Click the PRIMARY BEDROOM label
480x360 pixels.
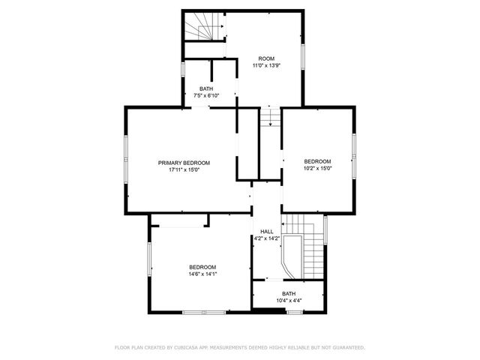[184, 163]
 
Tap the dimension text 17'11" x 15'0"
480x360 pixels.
[184, 170]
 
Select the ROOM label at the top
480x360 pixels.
[266, 58]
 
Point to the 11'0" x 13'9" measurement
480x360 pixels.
[266, 66]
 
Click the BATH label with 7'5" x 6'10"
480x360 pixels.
[205, 88]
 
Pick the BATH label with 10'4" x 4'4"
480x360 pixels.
[289, 293]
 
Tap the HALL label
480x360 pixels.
[266, 231]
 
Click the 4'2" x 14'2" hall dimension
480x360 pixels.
[266, 238]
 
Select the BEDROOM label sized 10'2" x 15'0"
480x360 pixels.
[317, 161]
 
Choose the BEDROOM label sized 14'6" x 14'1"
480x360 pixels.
[202, 267]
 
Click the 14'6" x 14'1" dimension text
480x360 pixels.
[202, 274]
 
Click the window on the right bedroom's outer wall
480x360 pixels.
[353, 155]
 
